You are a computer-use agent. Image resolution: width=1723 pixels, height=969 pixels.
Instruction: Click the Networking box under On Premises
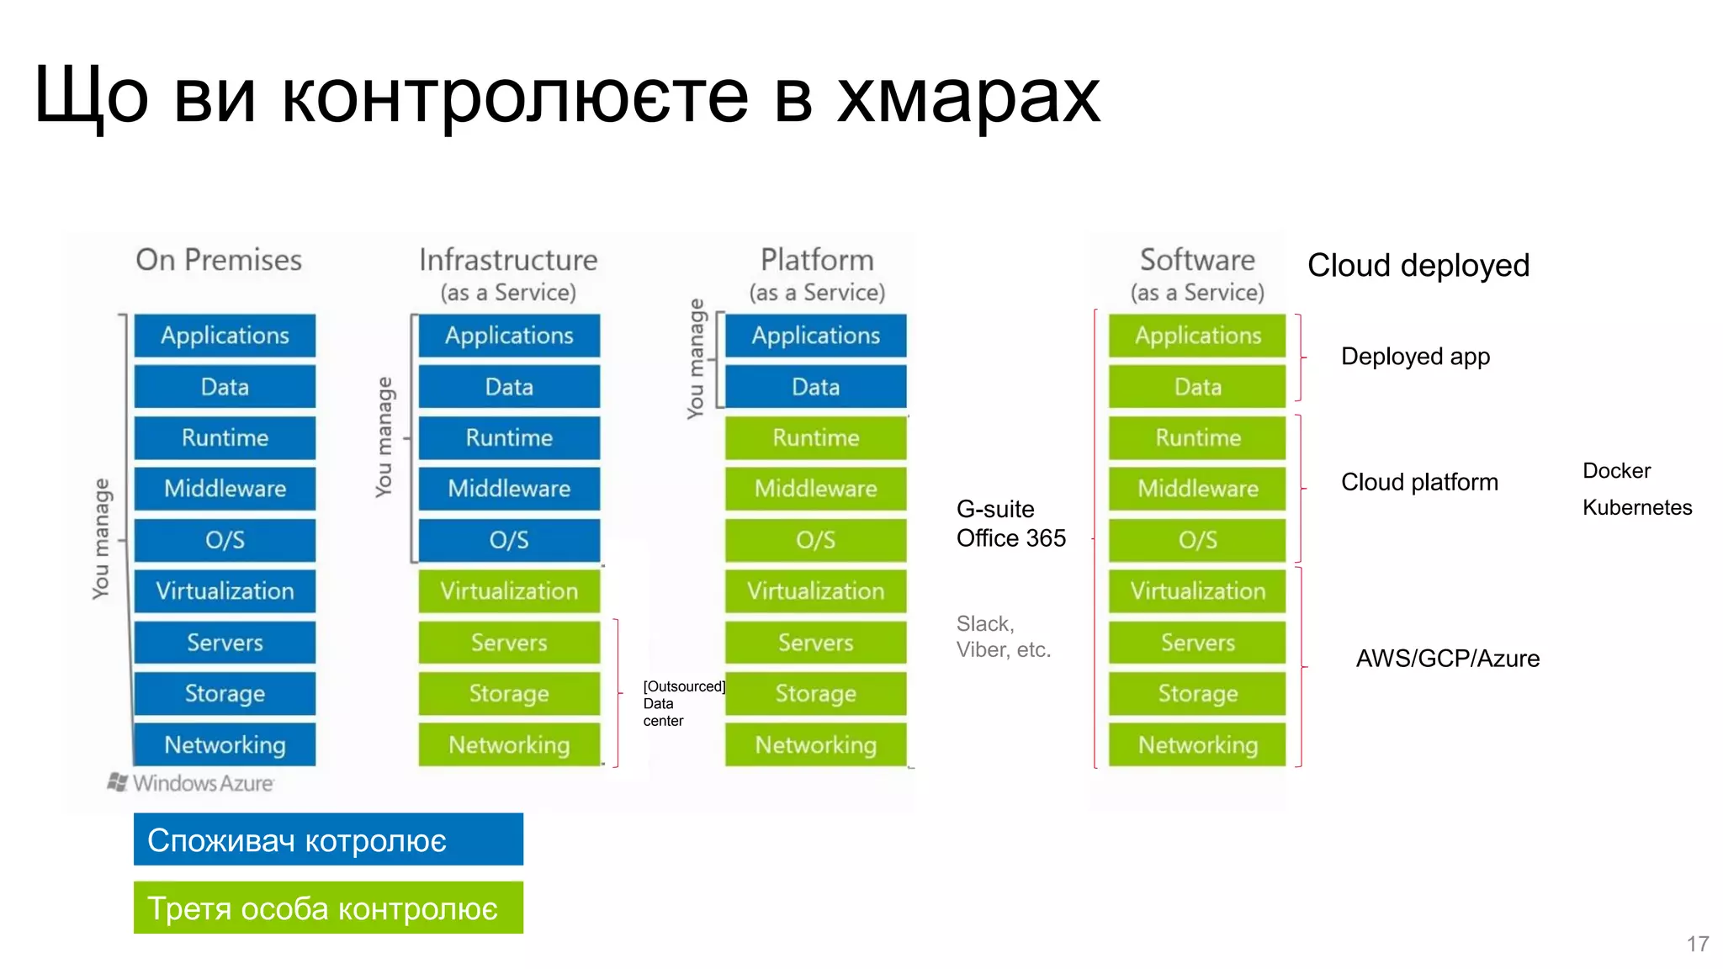coord(225,744)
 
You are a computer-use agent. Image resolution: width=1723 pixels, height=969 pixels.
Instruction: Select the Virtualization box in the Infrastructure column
coord(509,591)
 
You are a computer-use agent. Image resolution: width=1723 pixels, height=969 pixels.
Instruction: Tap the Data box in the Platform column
coord(815,387)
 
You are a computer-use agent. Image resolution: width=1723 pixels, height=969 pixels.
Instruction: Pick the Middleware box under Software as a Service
coord(1197,489)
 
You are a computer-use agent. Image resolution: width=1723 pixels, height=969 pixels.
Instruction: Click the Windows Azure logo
coord(192,783)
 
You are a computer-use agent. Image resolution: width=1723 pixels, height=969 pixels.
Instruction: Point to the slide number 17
coord(1697,944)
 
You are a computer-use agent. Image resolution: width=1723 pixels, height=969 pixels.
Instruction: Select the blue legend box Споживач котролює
coord(328,839)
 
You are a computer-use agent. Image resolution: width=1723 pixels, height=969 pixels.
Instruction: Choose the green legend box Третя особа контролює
coord(328,908)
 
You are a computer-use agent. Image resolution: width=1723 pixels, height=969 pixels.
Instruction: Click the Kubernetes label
coord(1636,507)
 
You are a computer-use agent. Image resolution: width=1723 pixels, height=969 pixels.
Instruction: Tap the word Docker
coord(1616,470)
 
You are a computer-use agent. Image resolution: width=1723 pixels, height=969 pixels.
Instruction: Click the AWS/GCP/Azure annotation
coord(1447,659)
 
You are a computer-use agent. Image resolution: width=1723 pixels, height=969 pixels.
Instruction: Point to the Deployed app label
coord(1415,357)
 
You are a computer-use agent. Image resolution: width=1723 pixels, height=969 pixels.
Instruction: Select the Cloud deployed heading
coord(1418,266)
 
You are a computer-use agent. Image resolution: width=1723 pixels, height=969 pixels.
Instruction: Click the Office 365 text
coord(1010,538)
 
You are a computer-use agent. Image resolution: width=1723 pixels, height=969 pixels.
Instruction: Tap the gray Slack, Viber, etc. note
coord(1003,637)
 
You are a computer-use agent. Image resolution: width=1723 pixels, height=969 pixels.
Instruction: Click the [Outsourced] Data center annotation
coord(681,703)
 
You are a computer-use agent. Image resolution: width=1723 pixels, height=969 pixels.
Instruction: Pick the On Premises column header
coord(219,260)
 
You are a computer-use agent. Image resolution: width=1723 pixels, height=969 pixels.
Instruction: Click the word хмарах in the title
coord(968,97)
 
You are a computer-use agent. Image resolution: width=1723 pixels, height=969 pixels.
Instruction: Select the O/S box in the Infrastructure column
coord(509,540)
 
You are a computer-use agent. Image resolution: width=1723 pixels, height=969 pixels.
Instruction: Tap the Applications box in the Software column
coord(1197,336)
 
